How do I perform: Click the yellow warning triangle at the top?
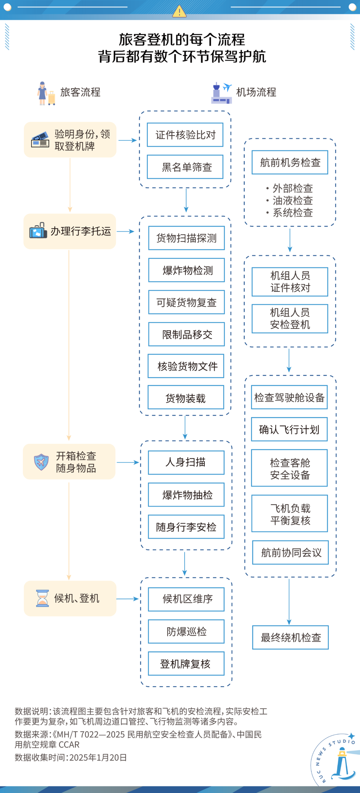(x=179, y=12)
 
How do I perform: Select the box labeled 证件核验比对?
(x=185, y=135)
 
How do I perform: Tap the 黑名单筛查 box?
(x=185, y=167)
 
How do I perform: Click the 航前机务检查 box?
(x=290, y=162)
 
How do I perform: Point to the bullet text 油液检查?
(x=292, y=201)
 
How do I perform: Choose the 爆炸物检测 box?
(x=186, y=270)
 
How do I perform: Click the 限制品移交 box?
(x=186, y=335)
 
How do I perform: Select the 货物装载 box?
(x=186, y=398)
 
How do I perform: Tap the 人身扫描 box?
(x=186, y=462)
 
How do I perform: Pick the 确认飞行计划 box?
(x=289, y=430)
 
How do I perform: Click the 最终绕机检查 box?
(x=291, y=638)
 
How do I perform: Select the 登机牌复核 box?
(x=186, y=664)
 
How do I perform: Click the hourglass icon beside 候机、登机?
(x=42, y=599)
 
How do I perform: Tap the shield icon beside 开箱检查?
(x=41, y=462)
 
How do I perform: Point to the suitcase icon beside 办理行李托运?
(x=38, y=231)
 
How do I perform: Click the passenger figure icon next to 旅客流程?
(x=42, y=93)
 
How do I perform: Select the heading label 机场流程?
(x=256, y=93)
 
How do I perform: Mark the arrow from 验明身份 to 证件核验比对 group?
(x=127, y=140)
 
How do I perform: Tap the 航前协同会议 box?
(x=291, y=553)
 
